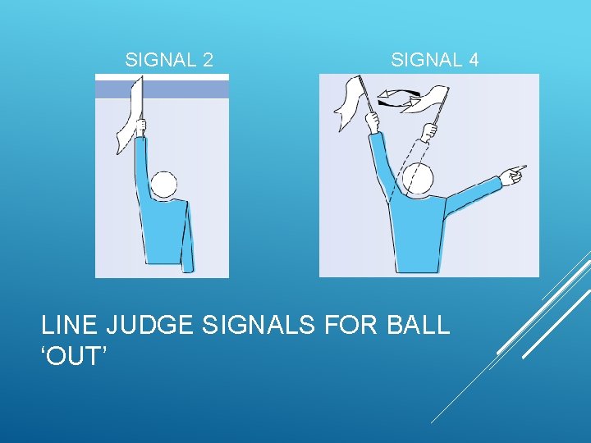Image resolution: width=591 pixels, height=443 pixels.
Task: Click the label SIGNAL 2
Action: pyautogui.click(x=169, y=60)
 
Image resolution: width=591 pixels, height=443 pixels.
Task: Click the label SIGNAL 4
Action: pyautogui.click(x=434, y=60)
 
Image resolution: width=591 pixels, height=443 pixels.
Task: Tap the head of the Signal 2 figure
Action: pyautogui.click(x=164, y=185)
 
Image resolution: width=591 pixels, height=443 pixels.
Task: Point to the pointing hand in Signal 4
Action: pyautogui.click(x=513, y=172)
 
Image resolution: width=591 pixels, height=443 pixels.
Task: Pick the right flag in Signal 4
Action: pyautogui.click(x=427, y=101)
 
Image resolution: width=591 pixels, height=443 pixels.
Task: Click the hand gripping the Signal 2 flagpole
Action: pyautogui.click(x=141, y=128)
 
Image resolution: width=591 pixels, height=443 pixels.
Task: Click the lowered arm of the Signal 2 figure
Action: pyautogui.click(x=189, y=238)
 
